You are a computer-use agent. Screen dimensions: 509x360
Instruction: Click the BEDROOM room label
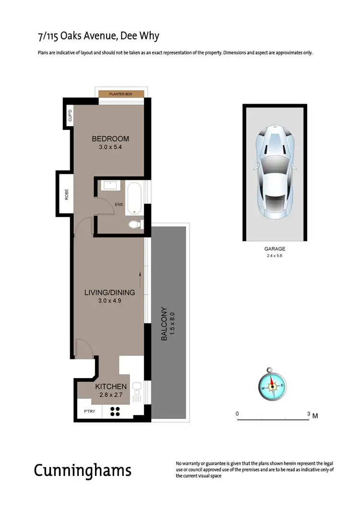click(x=110, y=139)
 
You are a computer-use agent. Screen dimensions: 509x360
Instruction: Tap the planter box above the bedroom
click(x=120, y=94)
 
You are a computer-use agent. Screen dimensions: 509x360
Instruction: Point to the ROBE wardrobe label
click(x=67, y=194)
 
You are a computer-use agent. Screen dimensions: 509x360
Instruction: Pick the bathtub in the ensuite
click(x=134, y=198)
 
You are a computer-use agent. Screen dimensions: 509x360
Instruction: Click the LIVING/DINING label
click(x=109, y=292)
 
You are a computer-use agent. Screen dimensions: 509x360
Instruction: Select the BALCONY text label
click(x=164, y=324)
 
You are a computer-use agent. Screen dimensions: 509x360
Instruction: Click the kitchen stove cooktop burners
click(x=115, y=411)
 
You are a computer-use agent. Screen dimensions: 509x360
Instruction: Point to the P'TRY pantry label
click(x=89, y=411)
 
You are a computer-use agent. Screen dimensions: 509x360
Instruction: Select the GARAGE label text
click(x=275, y=249)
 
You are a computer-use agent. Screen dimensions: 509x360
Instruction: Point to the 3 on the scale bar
click(x=308, y=413)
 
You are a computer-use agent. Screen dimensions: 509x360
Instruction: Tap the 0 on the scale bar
click(x=237, y=413)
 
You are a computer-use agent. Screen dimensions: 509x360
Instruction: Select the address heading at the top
click(x=98, y=36)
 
